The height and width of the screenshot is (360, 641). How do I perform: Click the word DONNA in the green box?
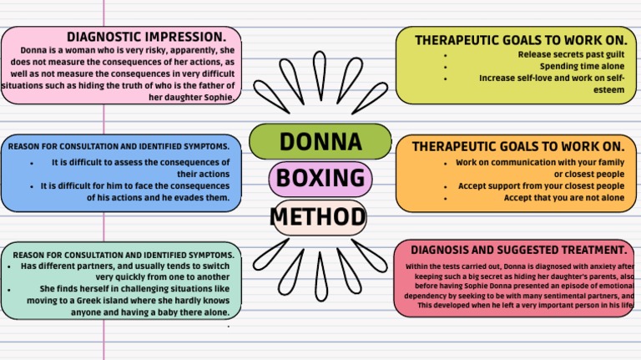coord(320,141)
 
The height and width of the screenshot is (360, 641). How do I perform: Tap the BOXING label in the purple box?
coord(320,179)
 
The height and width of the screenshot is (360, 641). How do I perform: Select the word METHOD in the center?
coord(319,218)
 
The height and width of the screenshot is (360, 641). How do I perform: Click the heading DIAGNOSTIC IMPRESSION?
coord(146,37)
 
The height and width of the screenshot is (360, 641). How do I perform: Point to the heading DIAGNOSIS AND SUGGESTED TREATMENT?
coord(518,250)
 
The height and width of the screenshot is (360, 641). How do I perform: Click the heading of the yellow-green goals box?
coord(520,40)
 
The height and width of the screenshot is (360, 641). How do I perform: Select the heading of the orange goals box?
coord(517,146)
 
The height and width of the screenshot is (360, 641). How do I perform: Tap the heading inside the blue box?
coord(119,146)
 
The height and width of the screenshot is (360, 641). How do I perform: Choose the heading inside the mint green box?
coord(124,254)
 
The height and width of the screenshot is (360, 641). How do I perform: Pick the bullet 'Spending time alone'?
coord(582,66)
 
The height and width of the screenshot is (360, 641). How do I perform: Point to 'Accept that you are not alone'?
coord(564,198)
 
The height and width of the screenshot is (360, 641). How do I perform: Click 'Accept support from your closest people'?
coord(541,185)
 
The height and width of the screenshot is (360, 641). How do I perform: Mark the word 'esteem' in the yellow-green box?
coord(610,89)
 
